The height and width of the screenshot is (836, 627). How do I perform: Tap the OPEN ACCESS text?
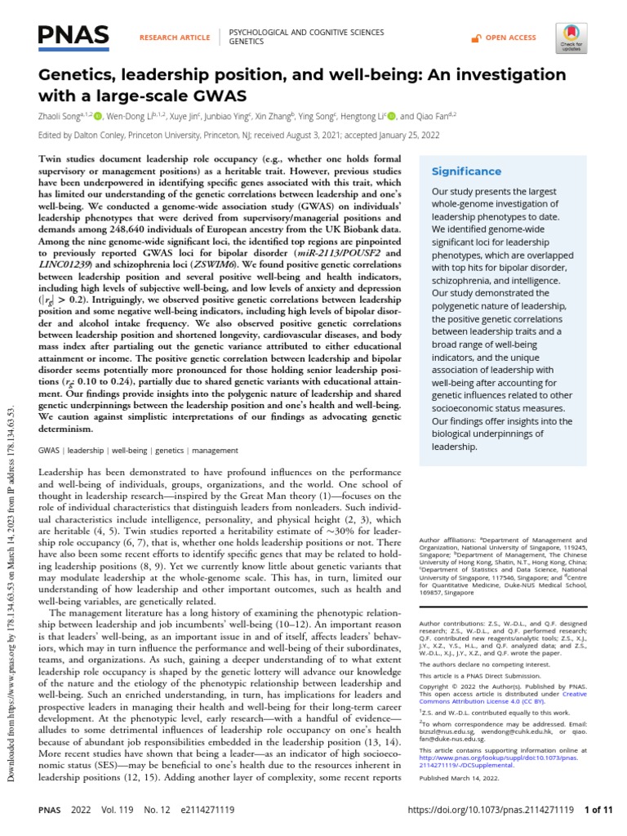pyautogui.click(x=510, y=38)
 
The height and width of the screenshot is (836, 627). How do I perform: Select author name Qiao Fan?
pyautogui.click(x=427, y=117)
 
